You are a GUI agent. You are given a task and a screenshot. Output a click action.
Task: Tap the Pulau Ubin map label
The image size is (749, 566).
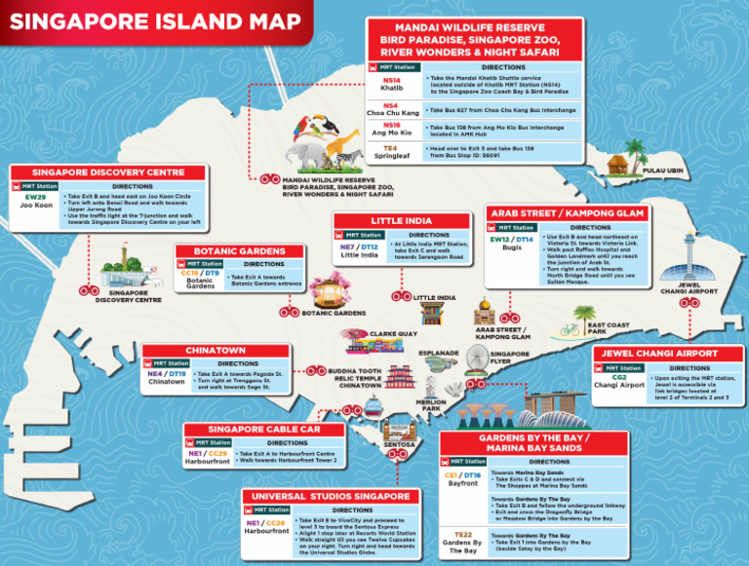pyautogui.click(x=663, y=170)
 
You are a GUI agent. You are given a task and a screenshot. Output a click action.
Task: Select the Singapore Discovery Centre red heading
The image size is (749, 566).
pyautogui.click(x=108, y=172)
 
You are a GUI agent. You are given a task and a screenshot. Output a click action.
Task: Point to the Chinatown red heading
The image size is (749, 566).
pyautogui.click(x=216, y=350)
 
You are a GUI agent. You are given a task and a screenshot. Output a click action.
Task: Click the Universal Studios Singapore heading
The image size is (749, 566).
pyautogui.click(x=331, y=497)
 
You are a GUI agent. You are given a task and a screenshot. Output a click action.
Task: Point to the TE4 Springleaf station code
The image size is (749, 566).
pyautogui.click(x=390, y=148)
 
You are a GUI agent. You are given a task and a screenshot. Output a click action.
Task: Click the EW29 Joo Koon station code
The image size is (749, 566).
pyautogui.click(x=35, y=198)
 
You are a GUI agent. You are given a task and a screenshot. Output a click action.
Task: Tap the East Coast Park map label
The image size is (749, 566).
pyautogui.click(x=609, y=328)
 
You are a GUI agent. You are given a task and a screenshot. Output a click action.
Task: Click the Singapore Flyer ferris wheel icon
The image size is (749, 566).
pyautogui.click(x=477, y=362)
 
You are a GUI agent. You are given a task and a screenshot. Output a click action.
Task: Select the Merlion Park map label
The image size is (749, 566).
pyautogui.click(x=430, y=406)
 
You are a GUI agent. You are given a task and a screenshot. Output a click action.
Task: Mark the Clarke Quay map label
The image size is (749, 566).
pyautogui.click(x=393, y=334)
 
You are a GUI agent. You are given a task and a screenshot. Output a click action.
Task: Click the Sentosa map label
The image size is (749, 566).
pyautogui.click(x=400, y=444)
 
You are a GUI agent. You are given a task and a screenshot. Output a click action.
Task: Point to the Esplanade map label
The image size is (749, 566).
pyautogui.click(x=438, y=353)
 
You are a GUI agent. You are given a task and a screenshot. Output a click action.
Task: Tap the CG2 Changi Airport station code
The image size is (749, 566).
pyautogui.click(x=619, y=377)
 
